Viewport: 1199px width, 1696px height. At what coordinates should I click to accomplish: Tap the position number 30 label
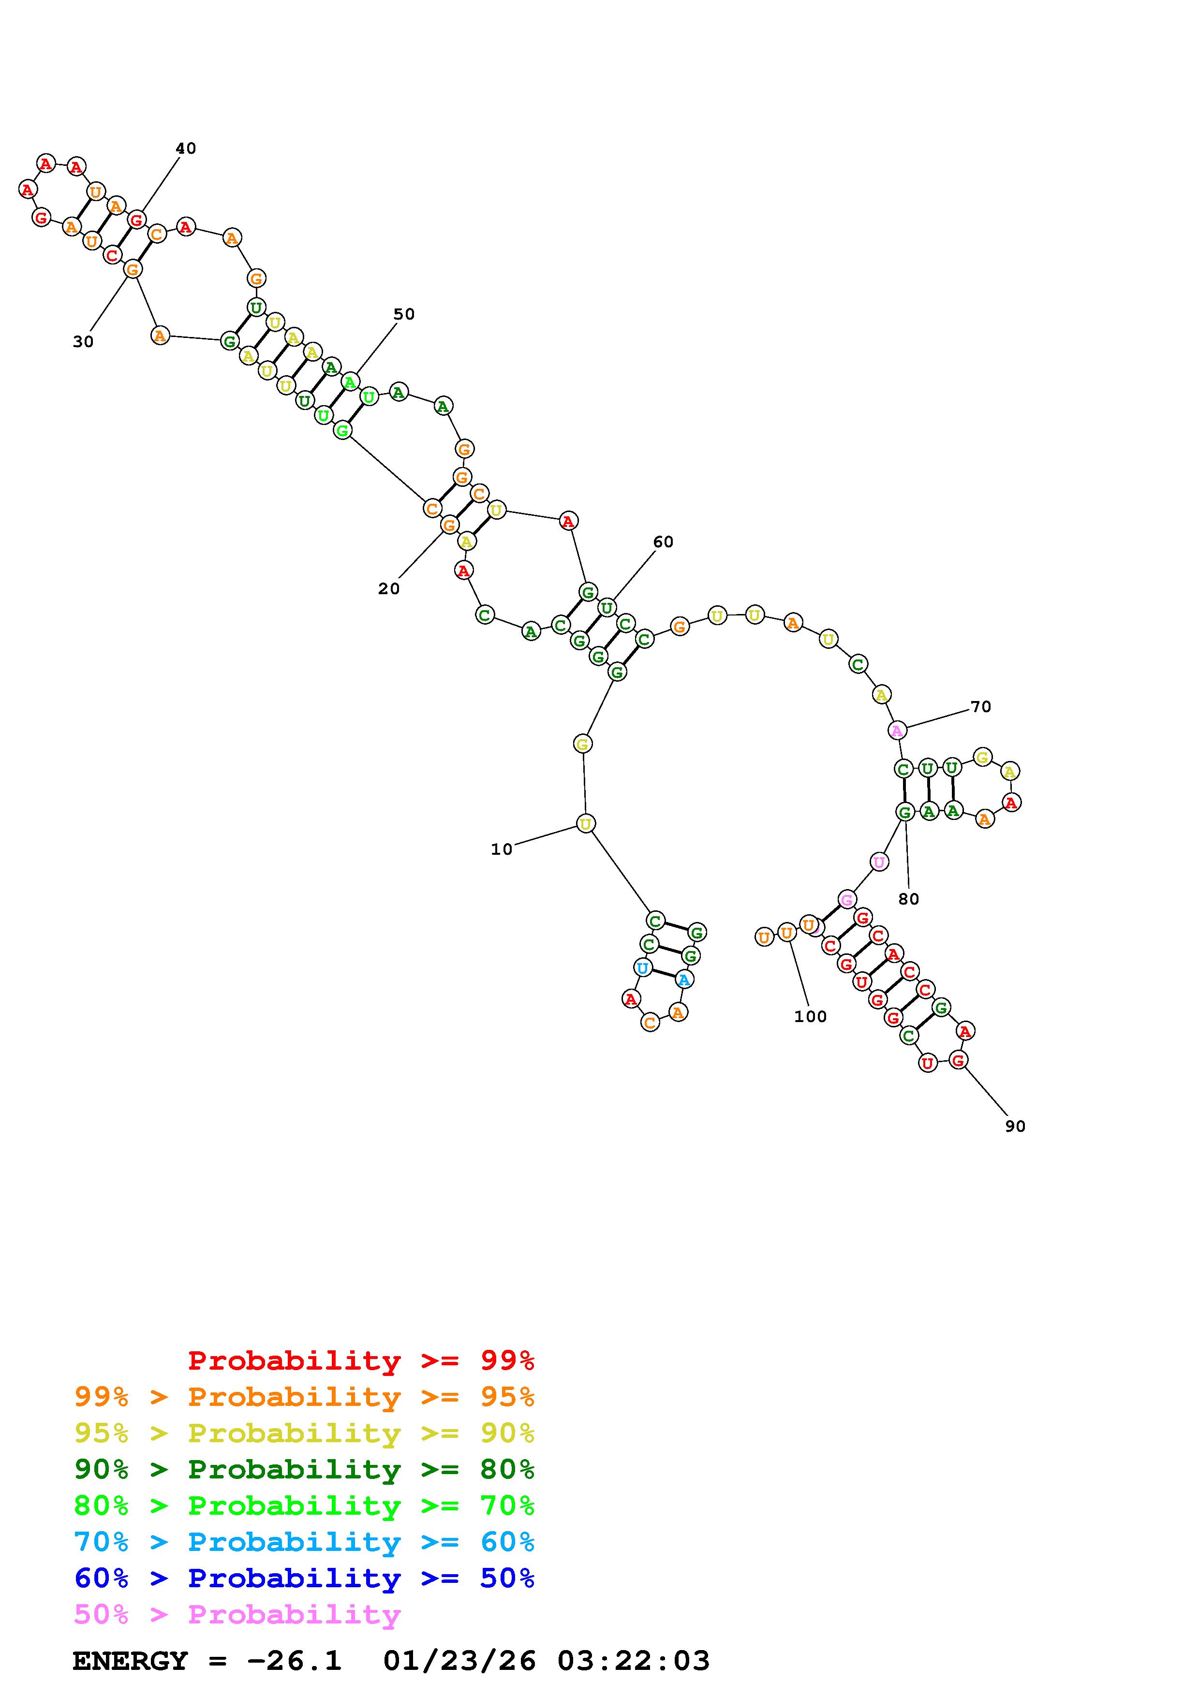(84, 342)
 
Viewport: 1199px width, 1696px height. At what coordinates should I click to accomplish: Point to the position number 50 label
(404, 314)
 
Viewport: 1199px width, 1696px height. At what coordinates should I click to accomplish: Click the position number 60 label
(664, 542)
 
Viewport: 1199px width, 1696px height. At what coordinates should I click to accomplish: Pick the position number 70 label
(981, 707)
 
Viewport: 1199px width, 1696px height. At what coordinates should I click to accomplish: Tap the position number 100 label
(811, 1016)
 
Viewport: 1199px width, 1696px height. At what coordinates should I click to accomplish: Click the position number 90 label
(1016, 1126)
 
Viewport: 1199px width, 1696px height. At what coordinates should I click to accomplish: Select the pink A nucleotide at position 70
(897, 731)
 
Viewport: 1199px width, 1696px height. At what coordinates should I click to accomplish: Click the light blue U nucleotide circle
(643, 968)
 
